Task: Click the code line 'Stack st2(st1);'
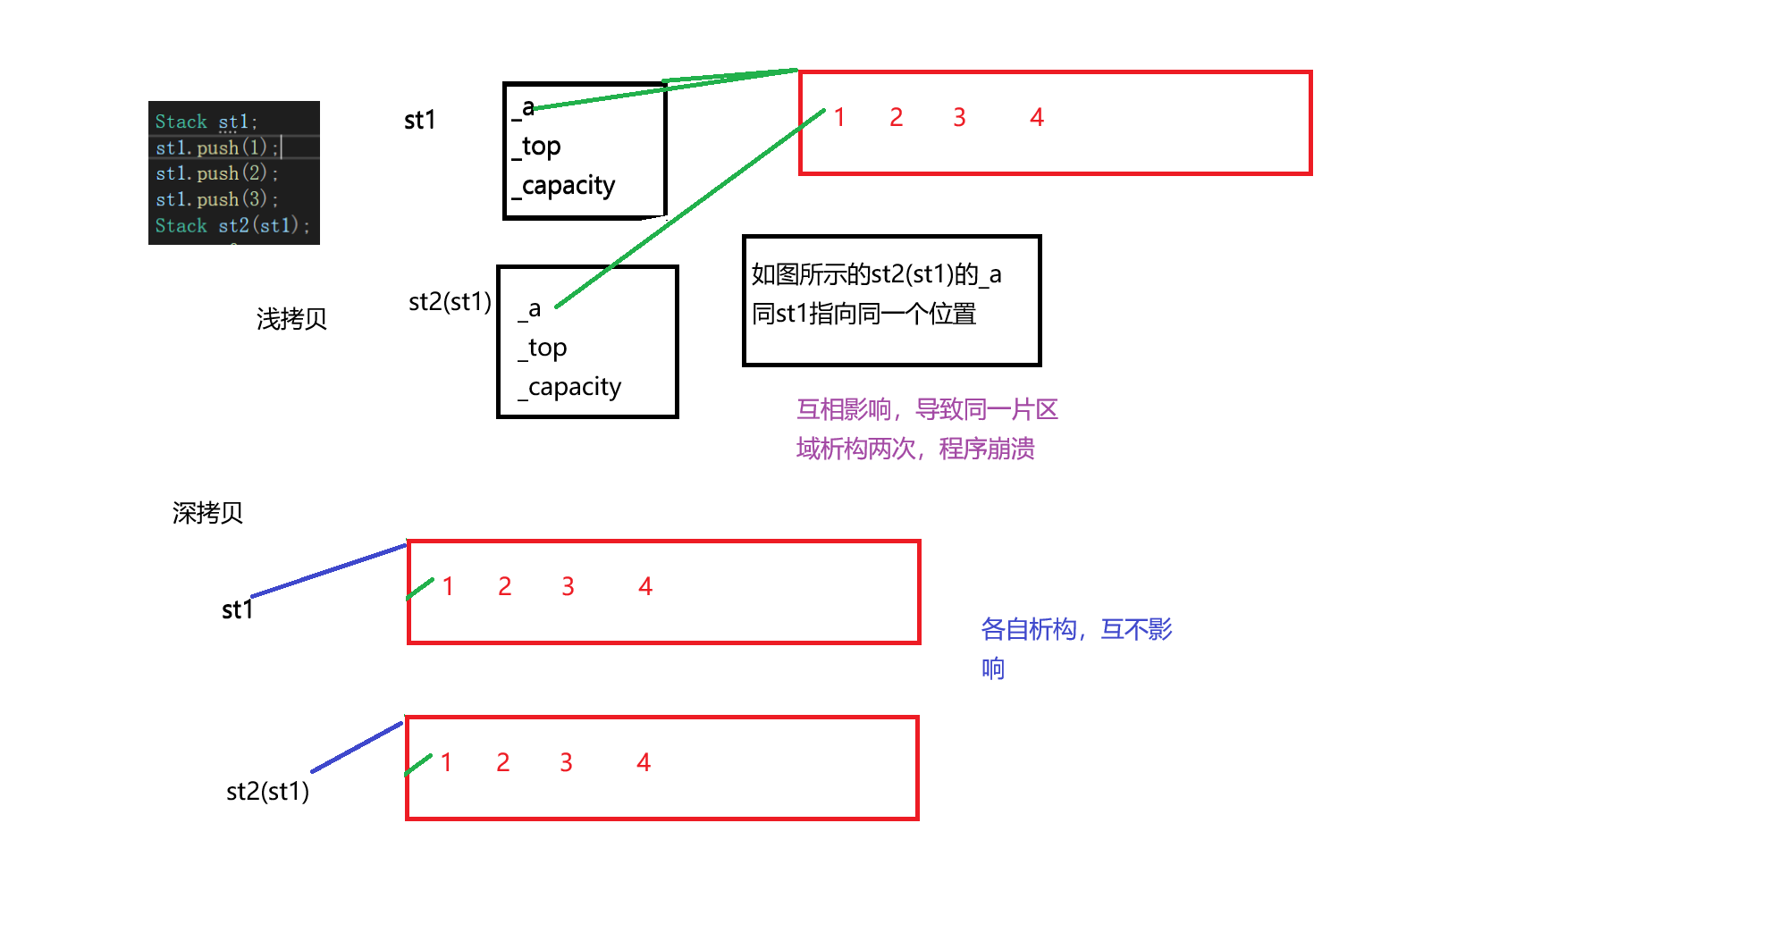[x=232, y=225]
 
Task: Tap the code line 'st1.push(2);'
[x=216, y=173]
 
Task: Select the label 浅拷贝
[x=291, y=319]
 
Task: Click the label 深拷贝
[x=207, y=513]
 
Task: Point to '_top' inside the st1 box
[x=537, y=147]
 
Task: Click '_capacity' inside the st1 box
[x=564, y=186]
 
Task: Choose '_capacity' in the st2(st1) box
[x=569, y=387]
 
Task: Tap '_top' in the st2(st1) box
[x=543, y=348]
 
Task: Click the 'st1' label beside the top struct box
[x=419, y=120]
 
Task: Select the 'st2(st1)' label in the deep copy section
[x=267, y=791]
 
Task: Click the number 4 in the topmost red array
[x=1037, y=117]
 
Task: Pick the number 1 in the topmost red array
[x=839, y=117]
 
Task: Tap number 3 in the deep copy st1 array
[x=568, y=586]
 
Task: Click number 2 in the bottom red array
[x=503, y=762]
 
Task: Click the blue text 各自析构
[x=1028, y=629]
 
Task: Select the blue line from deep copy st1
[x=329, y=570]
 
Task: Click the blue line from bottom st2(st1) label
[x=358, y=747]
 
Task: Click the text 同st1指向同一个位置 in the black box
[x=863, y=315]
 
